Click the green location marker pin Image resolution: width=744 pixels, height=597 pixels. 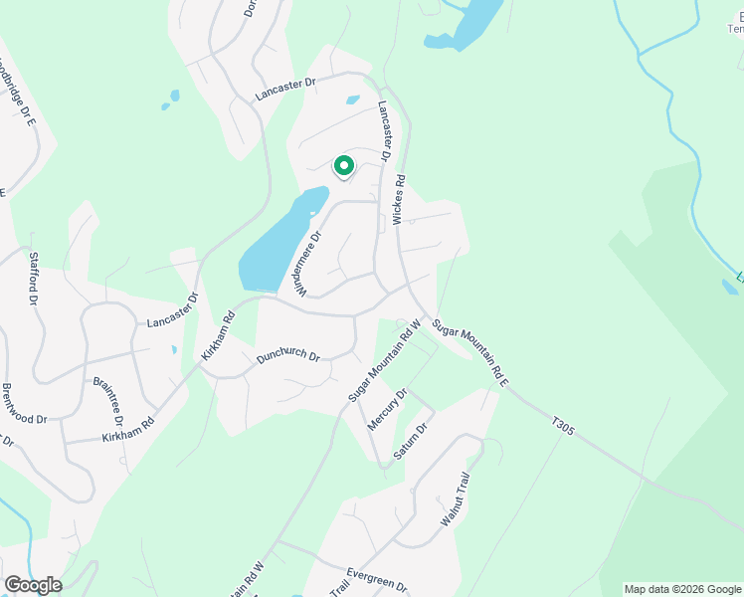[x=344, y=166]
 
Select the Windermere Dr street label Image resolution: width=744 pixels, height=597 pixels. [x=308, y=264]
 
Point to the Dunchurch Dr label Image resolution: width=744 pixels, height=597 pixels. [x=286, y=356]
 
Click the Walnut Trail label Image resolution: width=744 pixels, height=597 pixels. [x=454, y=506]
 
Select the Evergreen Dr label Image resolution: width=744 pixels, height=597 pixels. [x=377, y=580]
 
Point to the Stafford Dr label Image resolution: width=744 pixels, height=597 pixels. [x=33, y=278]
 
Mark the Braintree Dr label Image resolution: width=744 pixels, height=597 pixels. [x=106, y=401]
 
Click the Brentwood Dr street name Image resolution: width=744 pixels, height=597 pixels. [x=25, y=404]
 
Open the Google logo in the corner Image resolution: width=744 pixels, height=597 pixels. [x=32, y=585]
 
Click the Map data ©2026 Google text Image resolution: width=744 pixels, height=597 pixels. [x=683, y=589]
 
